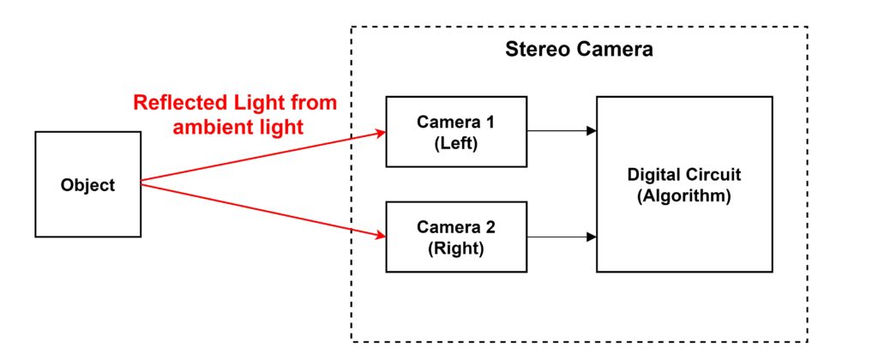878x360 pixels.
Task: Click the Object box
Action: point(87,184)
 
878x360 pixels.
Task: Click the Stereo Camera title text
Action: point(578,49)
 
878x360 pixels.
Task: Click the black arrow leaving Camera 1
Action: point(562,131)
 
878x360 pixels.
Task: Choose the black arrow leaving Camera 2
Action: point(562,236)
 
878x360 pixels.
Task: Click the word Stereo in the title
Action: point(533,49)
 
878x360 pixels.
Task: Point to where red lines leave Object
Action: point(142,182)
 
